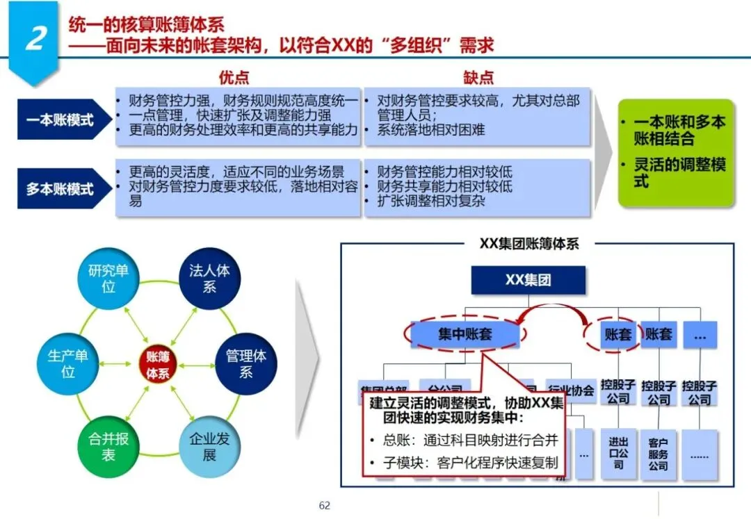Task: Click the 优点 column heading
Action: pos(234,77)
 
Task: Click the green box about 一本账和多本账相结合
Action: pos(676,152)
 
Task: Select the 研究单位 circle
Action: pos(108,278)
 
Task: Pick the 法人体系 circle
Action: pos(209,278)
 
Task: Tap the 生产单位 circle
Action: pos(67,364)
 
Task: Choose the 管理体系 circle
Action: pos(245,364)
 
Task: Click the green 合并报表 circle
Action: pos(108,447)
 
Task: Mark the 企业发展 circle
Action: pos(209,447)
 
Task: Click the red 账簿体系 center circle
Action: pos(158,364)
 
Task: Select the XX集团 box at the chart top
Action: pos(528,281)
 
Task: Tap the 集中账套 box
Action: pos(465,334)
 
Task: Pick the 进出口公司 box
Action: pos(618,452)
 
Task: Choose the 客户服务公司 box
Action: pos(658,453)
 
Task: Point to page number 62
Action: pos(324,505)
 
